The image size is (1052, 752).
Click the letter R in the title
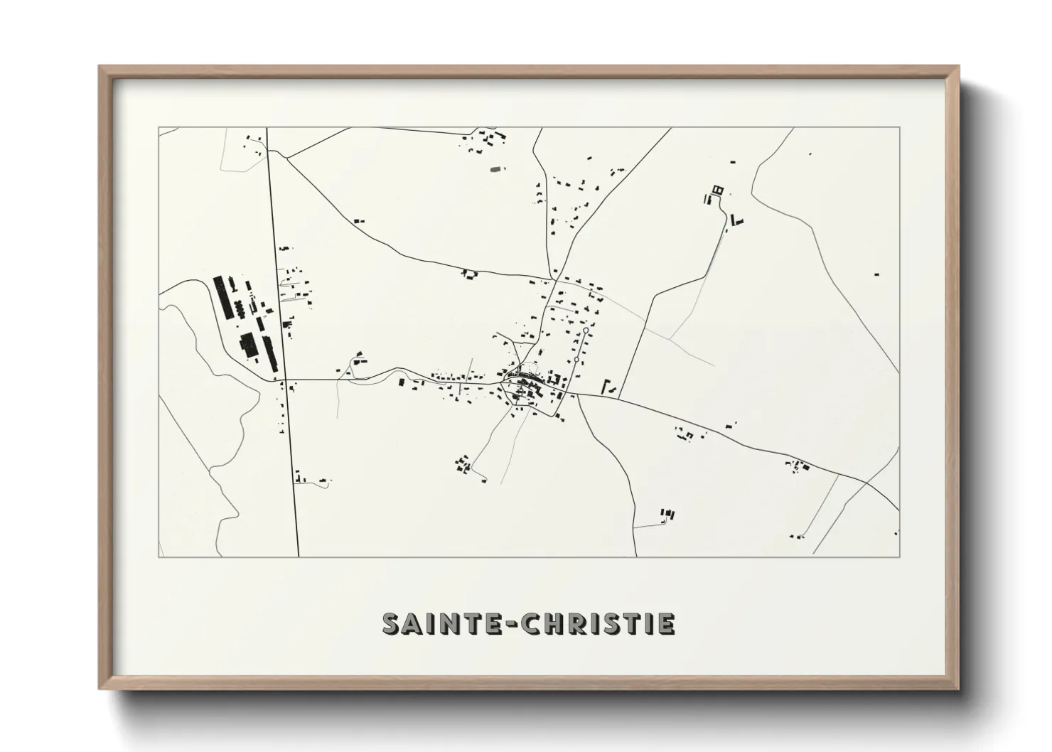click(x=574, y=623)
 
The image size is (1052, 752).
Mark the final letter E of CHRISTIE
click(x=666, y=623)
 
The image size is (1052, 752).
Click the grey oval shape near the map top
click(x=495, y=168)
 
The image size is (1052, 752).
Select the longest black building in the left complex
click(x=222, y=298)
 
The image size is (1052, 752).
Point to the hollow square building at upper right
click(x=716, y=189)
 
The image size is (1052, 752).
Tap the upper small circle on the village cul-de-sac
click(x=585, y=331)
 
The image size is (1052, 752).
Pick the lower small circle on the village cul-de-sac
click(x=575, y=361)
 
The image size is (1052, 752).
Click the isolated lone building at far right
click(x=876, y=273)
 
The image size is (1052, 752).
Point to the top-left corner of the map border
click(x=159, y=127)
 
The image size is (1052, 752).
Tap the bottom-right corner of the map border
click(x=899, y=557)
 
